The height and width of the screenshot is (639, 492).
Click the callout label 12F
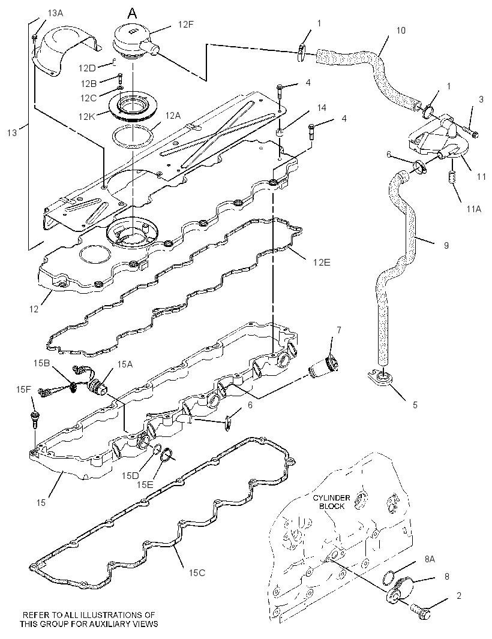(185, 24)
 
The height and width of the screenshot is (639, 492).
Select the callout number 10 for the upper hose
(401, 30)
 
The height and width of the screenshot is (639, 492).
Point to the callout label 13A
(55, 13)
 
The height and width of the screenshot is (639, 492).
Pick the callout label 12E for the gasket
(322, 261)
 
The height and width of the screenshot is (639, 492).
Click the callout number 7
(338, 329)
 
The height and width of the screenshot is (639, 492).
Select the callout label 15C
(197, 572)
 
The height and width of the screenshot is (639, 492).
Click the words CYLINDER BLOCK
(331, 502)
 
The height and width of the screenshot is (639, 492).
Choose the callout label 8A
(430, 559)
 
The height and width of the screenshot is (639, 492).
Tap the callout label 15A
(125, 364)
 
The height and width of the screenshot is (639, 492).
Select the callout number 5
(415, 405)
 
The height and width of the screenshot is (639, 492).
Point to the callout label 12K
(86, 116)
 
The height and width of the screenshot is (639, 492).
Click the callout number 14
(322, 107)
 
